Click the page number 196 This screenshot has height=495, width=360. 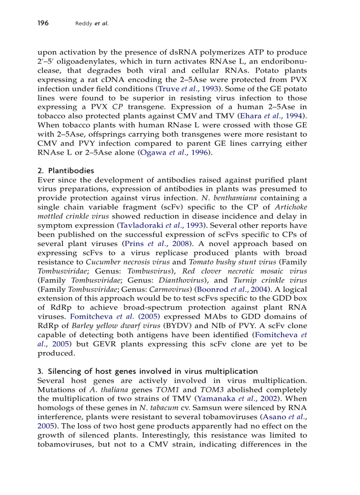[43, 23]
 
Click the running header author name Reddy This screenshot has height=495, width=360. [84, 23]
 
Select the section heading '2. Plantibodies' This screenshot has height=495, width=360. [66, 171]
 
